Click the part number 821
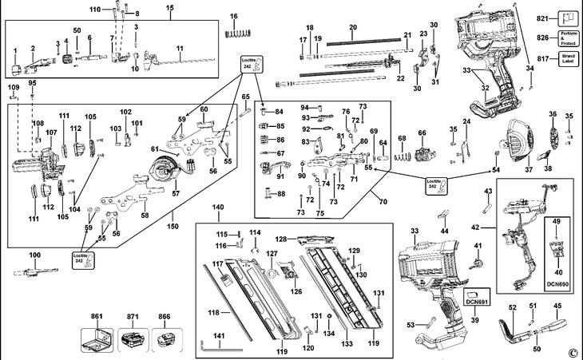543,18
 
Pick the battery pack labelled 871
133,344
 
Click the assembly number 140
218,208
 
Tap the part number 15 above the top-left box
169,7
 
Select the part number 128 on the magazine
280,239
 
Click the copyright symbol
572,352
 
